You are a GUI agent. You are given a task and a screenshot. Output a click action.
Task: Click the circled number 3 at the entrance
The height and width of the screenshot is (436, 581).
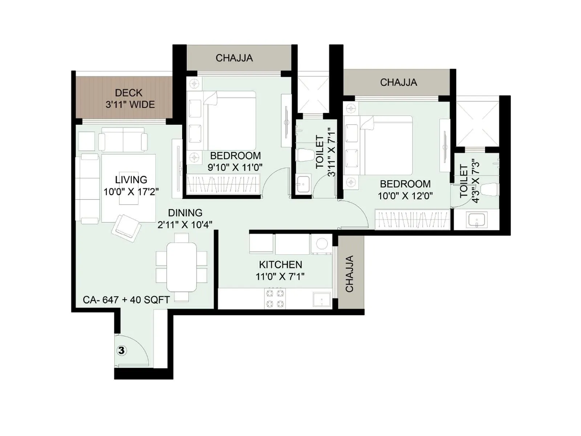click(x=121, y=350)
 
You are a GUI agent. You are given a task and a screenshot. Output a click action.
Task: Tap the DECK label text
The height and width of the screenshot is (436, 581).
click(x=129, y=93)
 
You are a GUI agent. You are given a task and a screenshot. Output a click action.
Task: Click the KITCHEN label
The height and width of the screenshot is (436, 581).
click(x=280, y=265)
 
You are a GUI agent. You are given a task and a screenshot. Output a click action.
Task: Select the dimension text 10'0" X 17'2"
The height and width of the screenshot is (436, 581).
click(x=131, y=192)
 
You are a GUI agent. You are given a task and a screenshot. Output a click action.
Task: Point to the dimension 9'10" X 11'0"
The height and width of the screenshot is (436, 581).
click(x=235, y=167)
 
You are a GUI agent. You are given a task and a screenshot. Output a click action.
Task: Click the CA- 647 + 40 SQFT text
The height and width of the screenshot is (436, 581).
click(x=126, y=300)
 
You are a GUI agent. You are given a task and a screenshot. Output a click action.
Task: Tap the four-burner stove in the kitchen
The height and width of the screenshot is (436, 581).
click(x=275, y=298)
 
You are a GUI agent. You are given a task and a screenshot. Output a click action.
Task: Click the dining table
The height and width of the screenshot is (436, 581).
click(x=182, y=267)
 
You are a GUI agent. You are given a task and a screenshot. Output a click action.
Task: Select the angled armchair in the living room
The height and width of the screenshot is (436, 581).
click(x=126, y=227)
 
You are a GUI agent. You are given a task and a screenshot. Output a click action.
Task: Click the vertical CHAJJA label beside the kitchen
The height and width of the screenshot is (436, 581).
click(x=349, y=274)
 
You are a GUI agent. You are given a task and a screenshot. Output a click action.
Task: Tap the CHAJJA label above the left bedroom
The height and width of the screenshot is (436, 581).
click(x=234, y=58)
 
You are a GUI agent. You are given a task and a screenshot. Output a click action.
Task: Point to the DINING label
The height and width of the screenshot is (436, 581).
click(x=185, y=213)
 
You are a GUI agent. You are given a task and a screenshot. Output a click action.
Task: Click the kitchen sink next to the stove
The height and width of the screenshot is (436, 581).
click(x=322, y=299)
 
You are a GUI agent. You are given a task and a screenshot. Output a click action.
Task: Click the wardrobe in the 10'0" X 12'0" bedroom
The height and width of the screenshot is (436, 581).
click(x=412, y=220)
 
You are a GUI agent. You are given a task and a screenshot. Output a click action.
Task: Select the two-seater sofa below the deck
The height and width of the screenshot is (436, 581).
click(x=123, y=140)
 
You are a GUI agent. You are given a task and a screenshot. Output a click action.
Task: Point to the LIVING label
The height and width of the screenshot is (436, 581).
click(x=131, y=179)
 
